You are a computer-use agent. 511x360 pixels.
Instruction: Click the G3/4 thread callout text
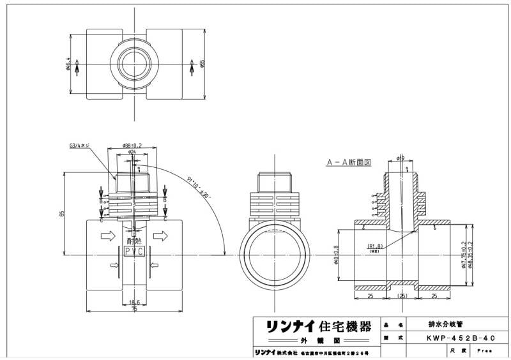[79, 146]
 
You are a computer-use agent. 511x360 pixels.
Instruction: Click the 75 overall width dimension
[134, 308]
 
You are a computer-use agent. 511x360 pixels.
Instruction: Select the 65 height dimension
[63, 213]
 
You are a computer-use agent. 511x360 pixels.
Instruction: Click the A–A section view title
[349, 163]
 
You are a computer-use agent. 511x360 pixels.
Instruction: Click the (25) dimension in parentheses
[402, 297]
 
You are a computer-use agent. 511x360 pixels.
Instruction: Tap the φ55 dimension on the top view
[202, 63]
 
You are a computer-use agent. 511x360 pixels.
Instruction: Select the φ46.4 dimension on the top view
[68, 63]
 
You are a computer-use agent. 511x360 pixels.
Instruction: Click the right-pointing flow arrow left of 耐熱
[108, 237]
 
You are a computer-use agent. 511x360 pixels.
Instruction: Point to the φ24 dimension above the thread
[133, 153]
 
